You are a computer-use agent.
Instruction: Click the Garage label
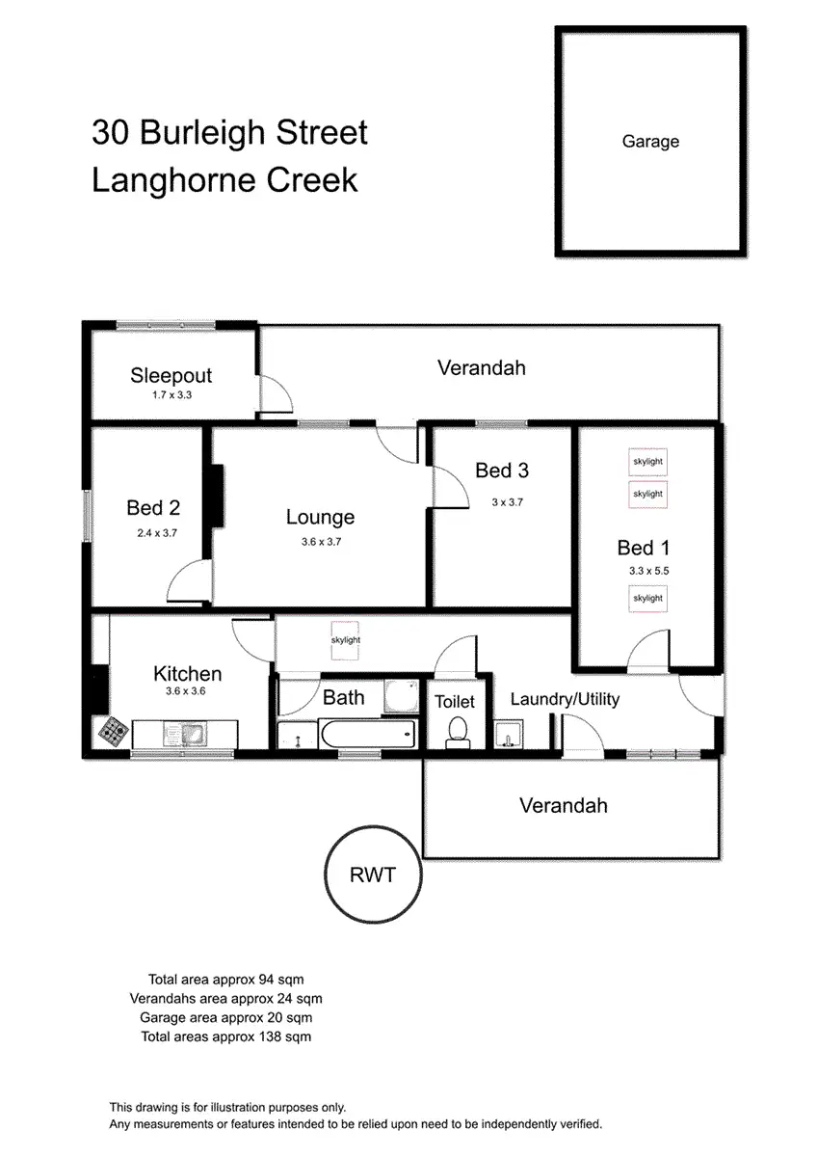650,142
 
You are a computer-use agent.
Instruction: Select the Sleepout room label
171,376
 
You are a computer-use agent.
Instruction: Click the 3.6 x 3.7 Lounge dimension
321,542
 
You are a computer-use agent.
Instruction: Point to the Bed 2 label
153,507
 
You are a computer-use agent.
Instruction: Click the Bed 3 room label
501,471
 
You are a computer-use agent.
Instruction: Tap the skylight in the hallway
345,639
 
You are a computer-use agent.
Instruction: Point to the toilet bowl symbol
457,732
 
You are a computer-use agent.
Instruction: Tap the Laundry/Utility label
565,699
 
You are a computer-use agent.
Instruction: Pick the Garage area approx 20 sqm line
225,1017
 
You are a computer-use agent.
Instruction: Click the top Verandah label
481,367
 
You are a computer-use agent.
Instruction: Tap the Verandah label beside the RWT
564,805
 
